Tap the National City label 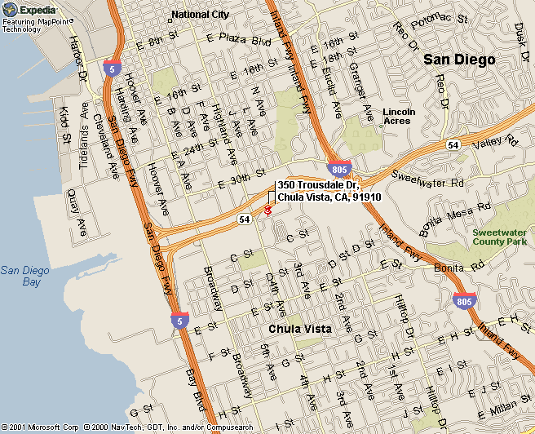point(200,15)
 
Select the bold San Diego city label point(459,60)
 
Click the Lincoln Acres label point(399,116)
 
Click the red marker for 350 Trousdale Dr point(267,210)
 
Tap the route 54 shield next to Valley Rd point(452,144)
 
